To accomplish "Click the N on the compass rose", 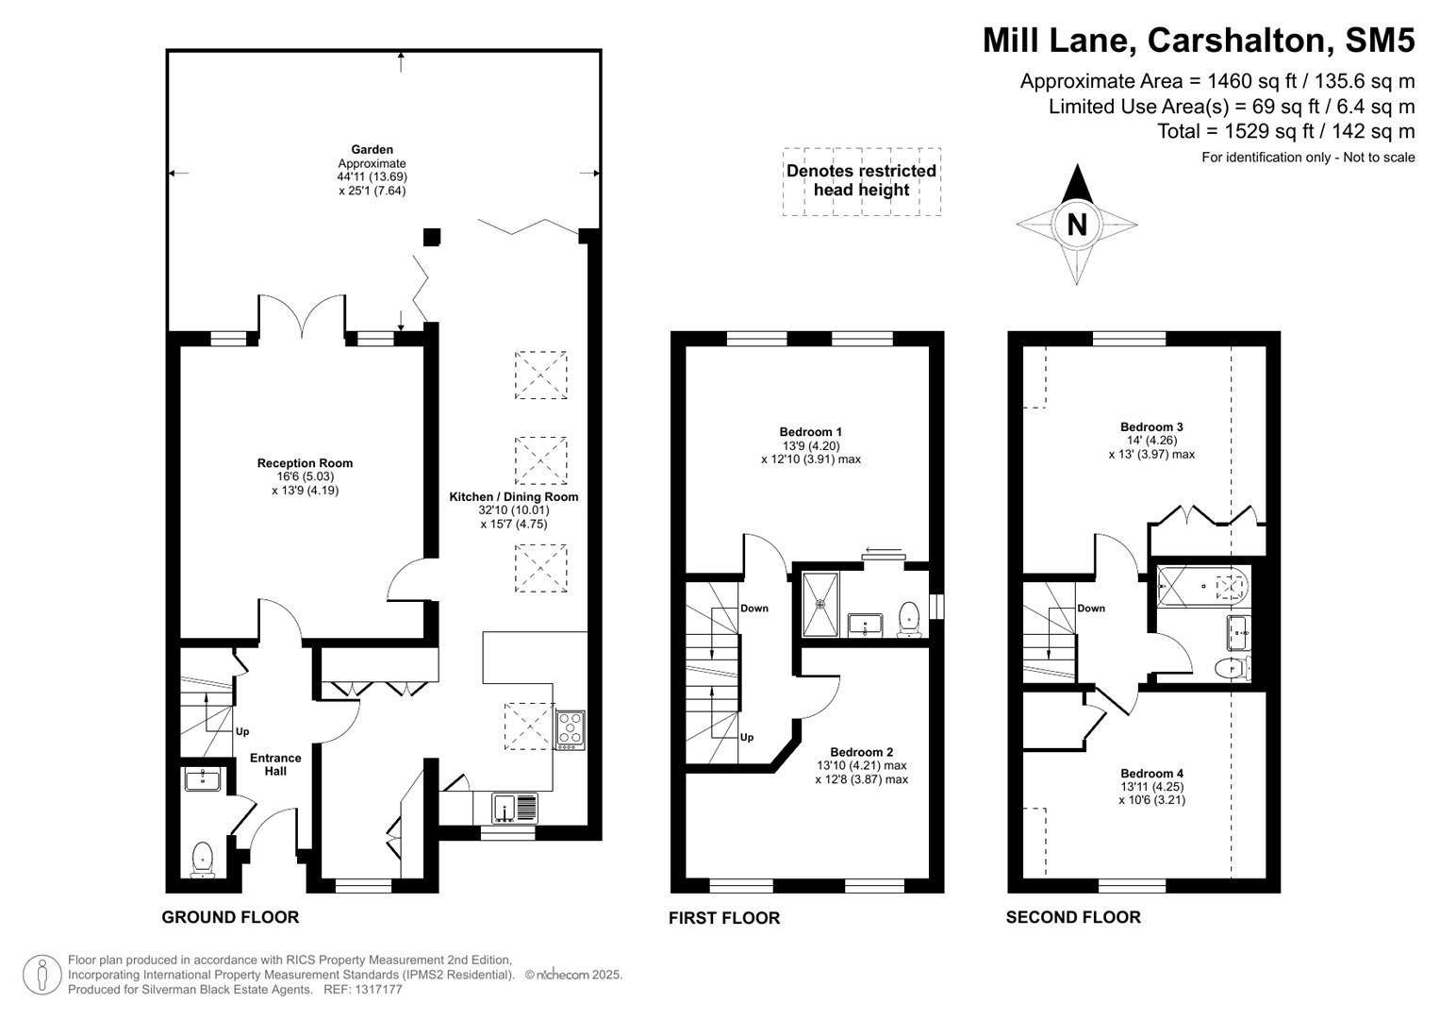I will click(1076, 225).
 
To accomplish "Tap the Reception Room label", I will click(305, 463).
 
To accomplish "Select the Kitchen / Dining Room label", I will click(513, 497).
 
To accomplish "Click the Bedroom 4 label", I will click(1151, 774).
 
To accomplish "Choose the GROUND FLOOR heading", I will click(230, 917).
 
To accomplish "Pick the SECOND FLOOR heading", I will click(1072, 917).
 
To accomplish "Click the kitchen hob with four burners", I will click(570, 729).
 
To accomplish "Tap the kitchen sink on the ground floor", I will click(514, 809).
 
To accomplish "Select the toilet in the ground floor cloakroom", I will click(203, 860).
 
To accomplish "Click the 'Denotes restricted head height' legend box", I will click(861, 181).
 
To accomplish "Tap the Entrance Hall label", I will click(275, 764).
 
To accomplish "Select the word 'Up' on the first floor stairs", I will click(747, 738).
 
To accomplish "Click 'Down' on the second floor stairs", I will click(1091, 609).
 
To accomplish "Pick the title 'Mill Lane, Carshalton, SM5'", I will click(1198, 41).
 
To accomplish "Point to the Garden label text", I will click(372, 149).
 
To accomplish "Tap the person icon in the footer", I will click(42, 975).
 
